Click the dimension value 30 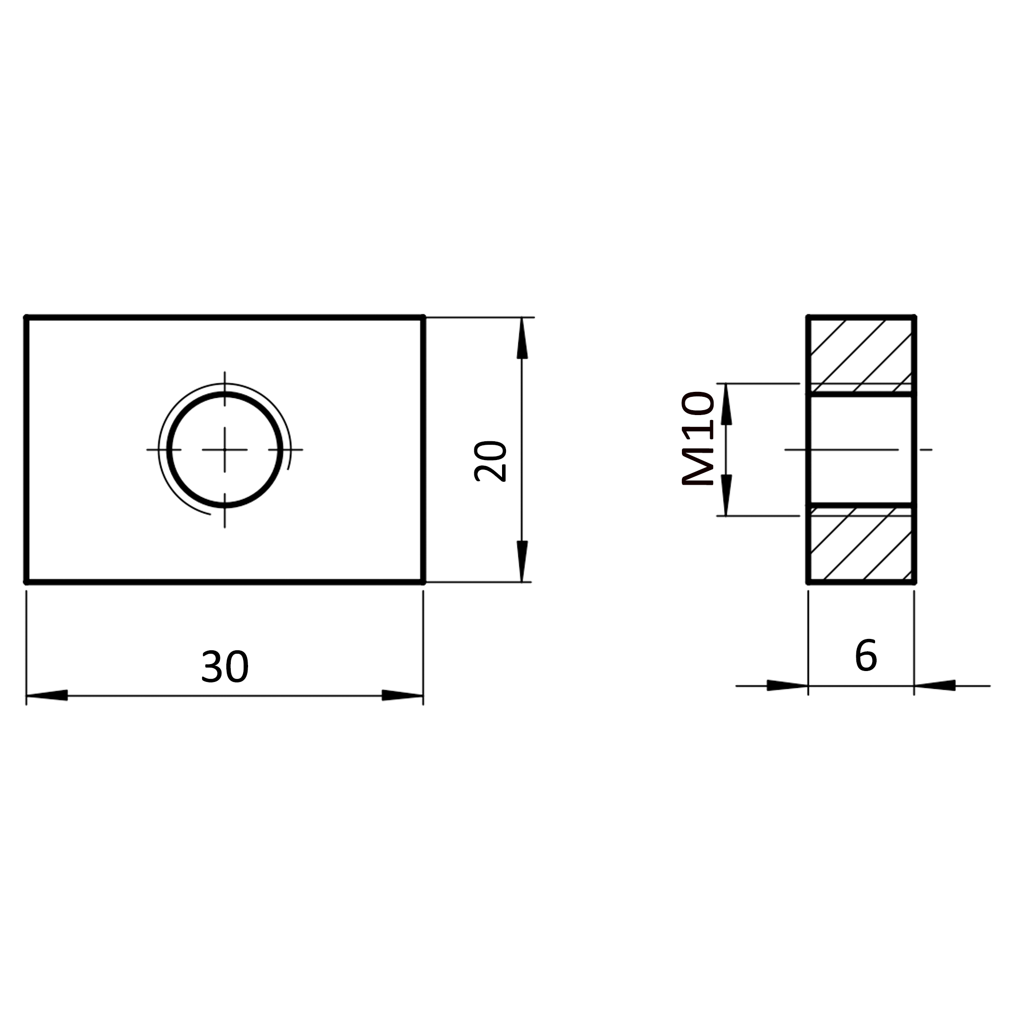click(x=225, y=666)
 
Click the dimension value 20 click(x=490, y=461)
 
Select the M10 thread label click(x=698, y=439)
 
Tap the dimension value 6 click(x=866, y=655)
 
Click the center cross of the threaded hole click(x=225, y=450)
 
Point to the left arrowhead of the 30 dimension click(x=47, y=695)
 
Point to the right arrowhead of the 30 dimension click(x=402, y=695)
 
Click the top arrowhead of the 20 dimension click(x=522, y=338)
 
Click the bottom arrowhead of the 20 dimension click(x=522, y=561)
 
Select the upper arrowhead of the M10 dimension click(x=726, y=404)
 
